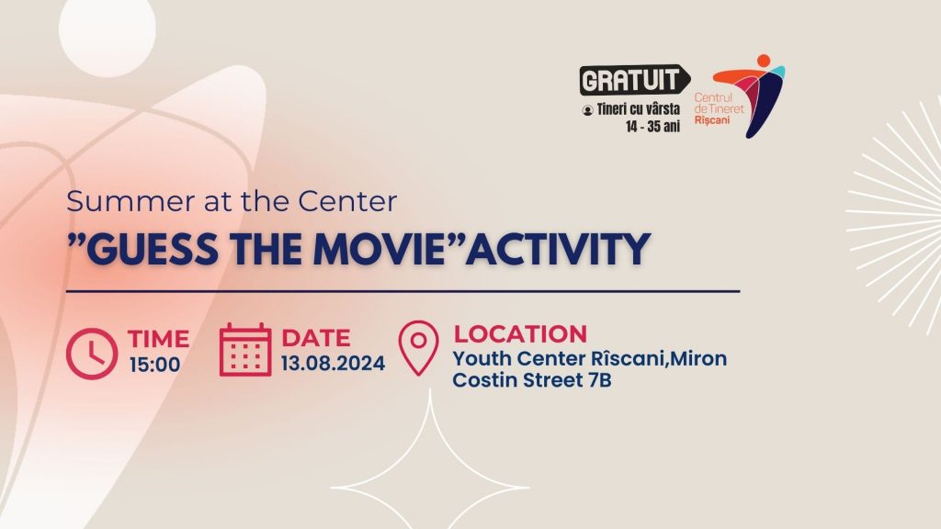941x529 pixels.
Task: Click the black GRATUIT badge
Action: [634, 80]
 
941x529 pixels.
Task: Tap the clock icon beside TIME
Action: [92, 354]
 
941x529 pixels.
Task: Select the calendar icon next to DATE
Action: [244, 350]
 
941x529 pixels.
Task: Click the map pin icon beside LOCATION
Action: [418, 348]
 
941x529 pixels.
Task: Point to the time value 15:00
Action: [154, 365]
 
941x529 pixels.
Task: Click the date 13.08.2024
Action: [333, 364]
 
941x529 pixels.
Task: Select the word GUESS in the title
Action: [153, 249]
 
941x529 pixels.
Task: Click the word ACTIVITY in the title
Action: [558, 249]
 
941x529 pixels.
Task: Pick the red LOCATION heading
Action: [520, 334]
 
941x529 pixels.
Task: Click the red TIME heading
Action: [158, 339]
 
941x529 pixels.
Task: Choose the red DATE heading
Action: [316, 338]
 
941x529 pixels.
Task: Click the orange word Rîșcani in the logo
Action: [712, 120]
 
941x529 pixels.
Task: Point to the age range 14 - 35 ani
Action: [653, 127]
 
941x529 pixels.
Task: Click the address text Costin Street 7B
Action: [532, 380]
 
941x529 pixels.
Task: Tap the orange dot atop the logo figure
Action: [764, 61]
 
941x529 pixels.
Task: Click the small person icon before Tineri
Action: [587, 110]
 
